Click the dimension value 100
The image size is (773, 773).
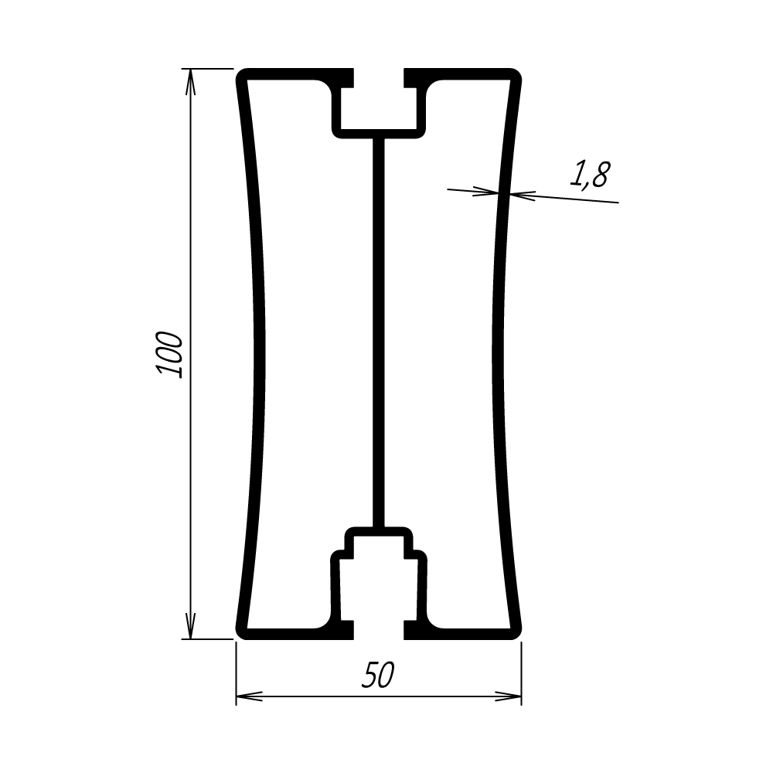click(169, 355)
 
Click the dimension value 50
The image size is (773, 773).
click(378, 675)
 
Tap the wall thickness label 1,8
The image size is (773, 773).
click(590, 175)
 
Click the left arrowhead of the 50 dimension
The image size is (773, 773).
click(250, 696)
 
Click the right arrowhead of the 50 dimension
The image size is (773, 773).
click(509, 696)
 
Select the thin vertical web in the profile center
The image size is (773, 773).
click(378, 332)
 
